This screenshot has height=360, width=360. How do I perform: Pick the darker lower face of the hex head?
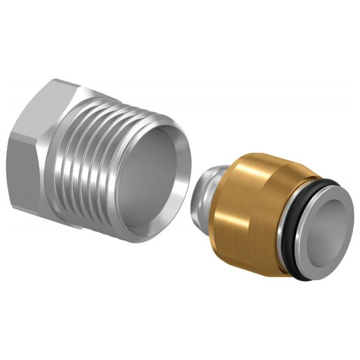click(x=23, y=168)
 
